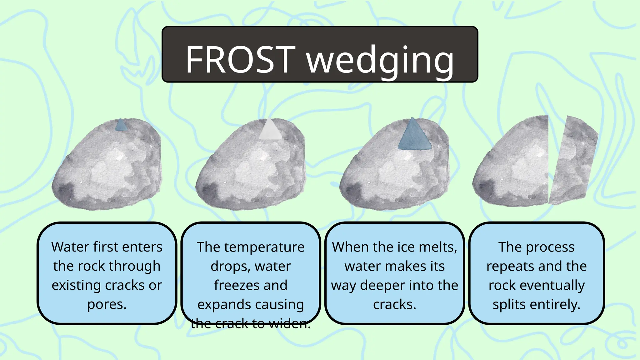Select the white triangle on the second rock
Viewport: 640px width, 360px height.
tap(270, 131)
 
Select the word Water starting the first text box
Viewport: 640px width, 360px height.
tap(70, 247)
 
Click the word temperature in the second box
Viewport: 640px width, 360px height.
tap(264, 247)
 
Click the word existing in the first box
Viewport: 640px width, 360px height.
tap(76, 286)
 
